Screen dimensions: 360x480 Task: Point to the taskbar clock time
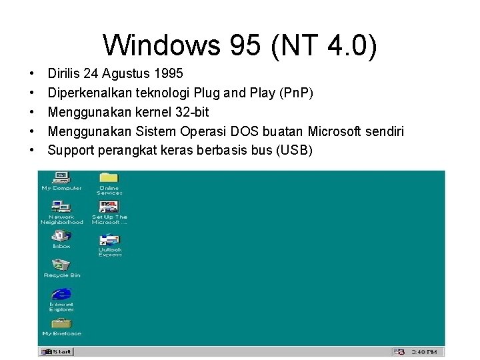424,351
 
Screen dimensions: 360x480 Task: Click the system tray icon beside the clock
400,351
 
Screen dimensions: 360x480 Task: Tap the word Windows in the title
161,45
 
